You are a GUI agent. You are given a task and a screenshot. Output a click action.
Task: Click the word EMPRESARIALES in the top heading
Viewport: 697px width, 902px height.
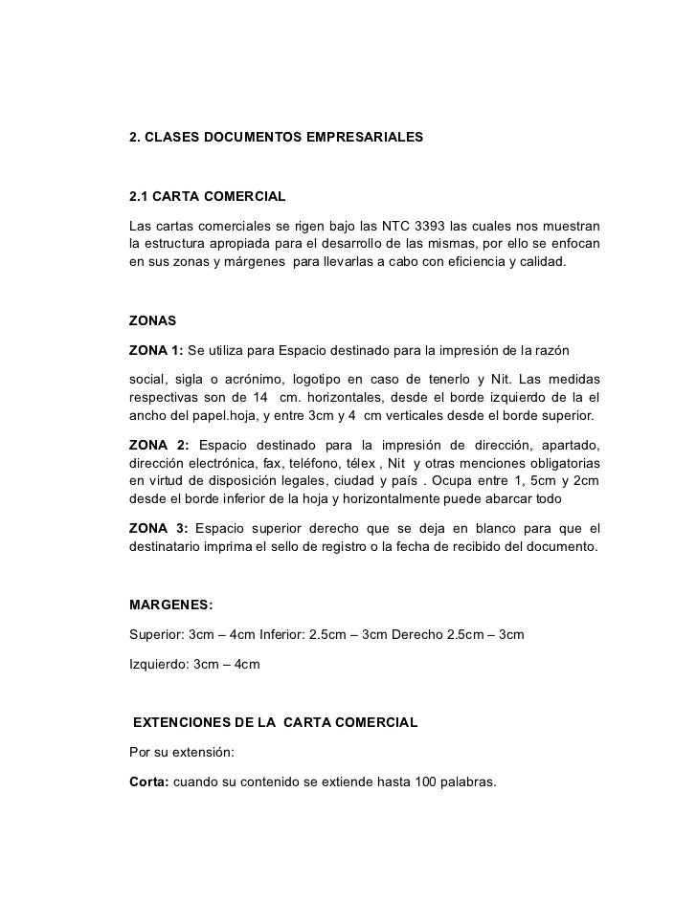point(360,138)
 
